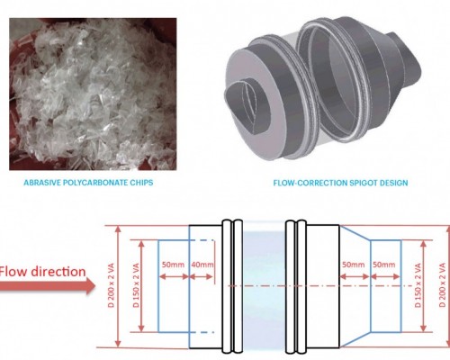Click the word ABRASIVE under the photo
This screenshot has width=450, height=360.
[x=39, y=183]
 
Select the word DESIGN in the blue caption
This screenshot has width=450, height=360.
[x=394, y=183]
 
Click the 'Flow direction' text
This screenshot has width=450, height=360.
[x=42, y=272]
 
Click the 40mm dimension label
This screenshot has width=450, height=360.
[x=202, y=265]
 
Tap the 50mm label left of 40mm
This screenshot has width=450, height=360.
[x=173, y=265]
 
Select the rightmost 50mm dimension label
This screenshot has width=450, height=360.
[x=384, y=265]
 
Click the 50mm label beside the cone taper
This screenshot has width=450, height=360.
[x=354, y=265]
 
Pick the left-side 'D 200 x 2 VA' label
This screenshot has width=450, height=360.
[x=111, y=285]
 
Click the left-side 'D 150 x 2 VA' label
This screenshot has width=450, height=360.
[x=136, y=285]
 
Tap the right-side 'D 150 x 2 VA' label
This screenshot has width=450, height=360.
[x=418, y=285]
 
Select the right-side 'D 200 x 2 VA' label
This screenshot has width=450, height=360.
[x=442, y=285]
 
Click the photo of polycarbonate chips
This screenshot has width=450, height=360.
[x=93, y=94]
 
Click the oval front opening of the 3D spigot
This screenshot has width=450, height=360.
[x=247, y=107]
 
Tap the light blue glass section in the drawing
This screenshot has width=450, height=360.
[x=264, y=286]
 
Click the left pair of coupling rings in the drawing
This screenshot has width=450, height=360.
[x=232, y=286]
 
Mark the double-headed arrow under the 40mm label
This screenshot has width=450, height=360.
[x=202, y=276]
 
